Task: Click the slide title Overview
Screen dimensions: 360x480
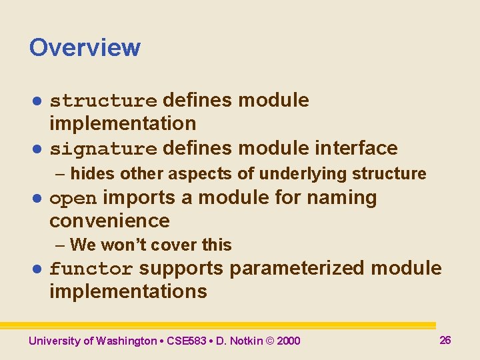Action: point(85,48)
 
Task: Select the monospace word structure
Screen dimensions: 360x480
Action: point(103,101)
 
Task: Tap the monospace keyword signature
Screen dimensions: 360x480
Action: point(103,149)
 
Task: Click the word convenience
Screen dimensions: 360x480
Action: point(109,221)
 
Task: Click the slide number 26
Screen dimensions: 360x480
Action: point(445,340)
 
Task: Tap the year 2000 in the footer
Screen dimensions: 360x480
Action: point(288,341)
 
